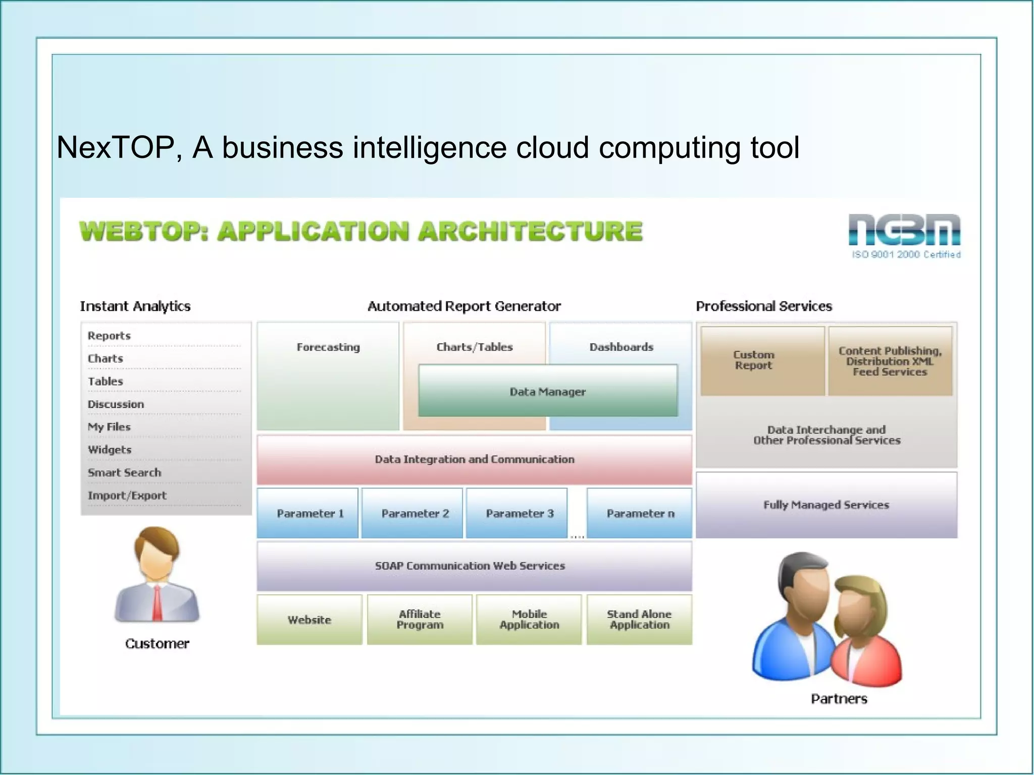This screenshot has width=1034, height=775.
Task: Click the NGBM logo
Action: point(904,230)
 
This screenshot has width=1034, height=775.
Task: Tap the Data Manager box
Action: point(548,391)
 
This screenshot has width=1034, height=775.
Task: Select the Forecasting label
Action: point(328,347)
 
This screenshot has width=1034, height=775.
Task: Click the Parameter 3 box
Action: point(517,513)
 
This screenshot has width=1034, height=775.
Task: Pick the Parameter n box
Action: point(640,513)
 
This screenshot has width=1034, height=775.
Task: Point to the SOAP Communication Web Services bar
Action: point(474,566)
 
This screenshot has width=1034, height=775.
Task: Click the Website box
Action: point(309,620)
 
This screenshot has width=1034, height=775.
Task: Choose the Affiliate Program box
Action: point(420,620)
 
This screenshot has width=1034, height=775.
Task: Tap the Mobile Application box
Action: point(529,620)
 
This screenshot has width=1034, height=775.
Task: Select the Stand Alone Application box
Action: point(639,620)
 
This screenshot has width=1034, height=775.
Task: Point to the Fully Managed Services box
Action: point(826,505)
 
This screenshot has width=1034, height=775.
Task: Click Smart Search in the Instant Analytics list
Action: point(125,473)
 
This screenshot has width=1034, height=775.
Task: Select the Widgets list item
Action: point(110,450)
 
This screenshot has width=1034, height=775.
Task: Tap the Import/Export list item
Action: point(127,495)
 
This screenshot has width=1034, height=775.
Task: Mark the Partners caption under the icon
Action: point(839,699)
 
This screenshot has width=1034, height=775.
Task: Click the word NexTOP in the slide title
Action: point(115,147)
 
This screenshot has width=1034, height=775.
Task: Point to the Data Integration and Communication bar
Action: point(474,459)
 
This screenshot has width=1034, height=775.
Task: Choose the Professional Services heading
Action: point(763,306)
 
